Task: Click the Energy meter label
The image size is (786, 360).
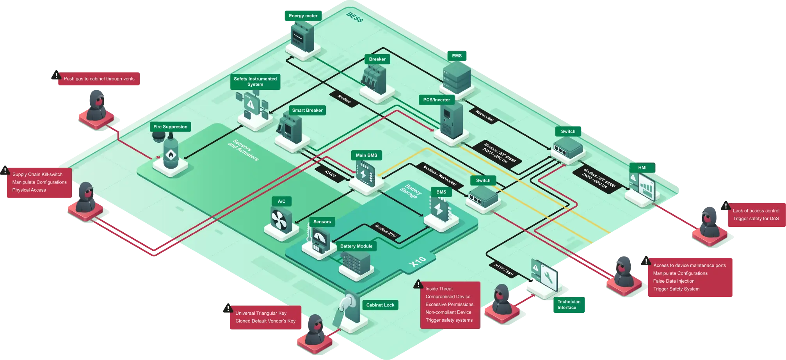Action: click(303, 16)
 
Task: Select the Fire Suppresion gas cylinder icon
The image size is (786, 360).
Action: click(171, 153)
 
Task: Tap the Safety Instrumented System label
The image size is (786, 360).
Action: click(255, 82)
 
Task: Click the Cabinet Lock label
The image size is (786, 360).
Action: click(380, 305)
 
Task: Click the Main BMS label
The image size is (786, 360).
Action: click(366, 155)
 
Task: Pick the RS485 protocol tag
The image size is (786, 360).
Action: click(331, 174)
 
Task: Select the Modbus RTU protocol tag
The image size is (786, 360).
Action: click(385, 231)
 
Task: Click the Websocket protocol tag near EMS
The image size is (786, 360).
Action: click(484, 116)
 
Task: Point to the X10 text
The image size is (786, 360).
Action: click(417, 261)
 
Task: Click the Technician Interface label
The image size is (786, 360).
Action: click(569, 305)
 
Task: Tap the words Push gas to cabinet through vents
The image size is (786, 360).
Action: click(99, 79)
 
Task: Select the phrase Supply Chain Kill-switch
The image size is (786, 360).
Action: click(37, 175)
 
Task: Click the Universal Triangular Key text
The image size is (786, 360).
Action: click(261, 313)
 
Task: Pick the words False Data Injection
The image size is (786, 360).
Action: click(674, 281)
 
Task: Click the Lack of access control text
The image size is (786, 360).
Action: click(756, 211)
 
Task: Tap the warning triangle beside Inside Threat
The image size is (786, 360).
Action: click(418, 284)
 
